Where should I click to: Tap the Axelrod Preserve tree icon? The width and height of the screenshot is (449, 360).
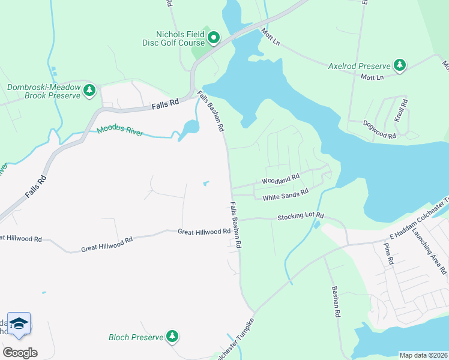(400, 65)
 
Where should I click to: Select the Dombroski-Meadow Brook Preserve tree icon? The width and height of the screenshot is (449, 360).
(89, 91)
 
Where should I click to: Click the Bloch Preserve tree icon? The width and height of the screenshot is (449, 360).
(172, 337)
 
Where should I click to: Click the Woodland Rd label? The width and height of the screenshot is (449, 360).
(280, 179)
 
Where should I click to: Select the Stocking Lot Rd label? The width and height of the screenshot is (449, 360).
(300, 215)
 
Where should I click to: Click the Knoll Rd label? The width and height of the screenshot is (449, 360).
(402, 111)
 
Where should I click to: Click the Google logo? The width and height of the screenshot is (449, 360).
(20, 353)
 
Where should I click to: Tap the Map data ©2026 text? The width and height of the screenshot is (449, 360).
(423, 355)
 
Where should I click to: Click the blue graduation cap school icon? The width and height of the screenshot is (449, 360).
(19, 323)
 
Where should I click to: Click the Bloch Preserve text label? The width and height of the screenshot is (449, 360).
(136, 337)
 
